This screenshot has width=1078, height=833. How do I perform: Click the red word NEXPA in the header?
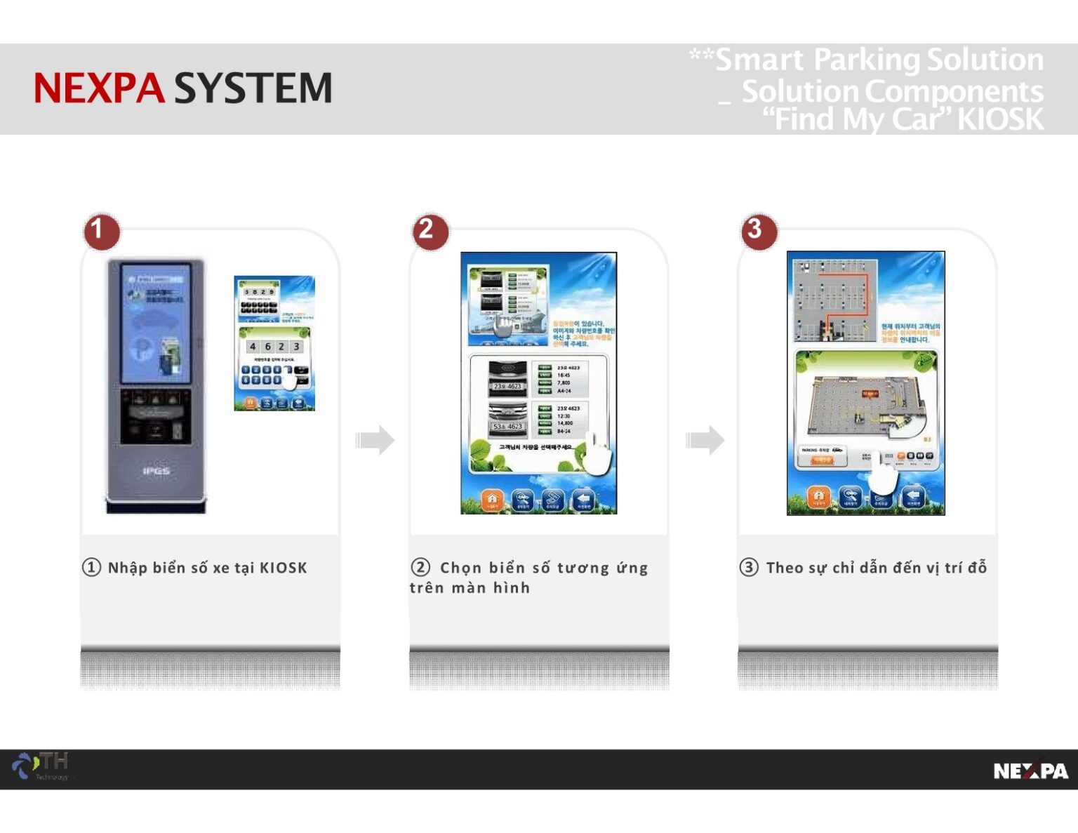coord(99,88)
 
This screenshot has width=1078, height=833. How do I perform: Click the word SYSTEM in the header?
coord(253,88)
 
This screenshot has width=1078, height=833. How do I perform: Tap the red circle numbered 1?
coord(101,231)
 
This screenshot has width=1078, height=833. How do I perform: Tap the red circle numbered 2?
coord(430,231)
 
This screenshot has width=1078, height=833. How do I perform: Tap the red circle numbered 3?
coord(759,231)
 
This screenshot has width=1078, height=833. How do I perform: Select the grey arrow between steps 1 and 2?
coord(375,440)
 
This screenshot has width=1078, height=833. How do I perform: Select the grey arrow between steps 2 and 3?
coord(705,440)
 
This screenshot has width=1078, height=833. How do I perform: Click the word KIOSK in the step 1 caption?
coord(283,568)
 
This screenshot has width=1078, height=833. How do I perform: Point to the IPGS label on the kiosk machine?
coord(156,471)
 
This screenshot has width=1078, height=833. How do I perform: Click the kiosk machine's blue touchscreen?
coord(156,323)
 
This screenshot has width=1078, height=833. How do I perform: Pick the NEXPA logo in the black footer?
coord(1030,771)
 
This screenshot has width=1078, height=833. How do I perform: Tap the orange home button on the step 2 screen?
coord(492,500)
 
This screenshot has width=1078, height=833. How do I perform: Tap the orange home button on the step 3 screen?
coord(818,497)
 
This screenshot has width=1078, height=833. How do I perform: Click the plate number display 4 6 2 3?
coord(274,347)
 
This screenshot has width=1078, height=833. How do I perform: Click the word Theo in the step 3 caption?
coord(784,568)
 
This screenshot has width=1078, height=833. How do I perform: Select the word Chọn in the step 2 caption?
coord(460,568)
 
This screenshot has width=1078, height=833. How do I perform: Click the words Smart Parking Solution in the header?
coord(879,60)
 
